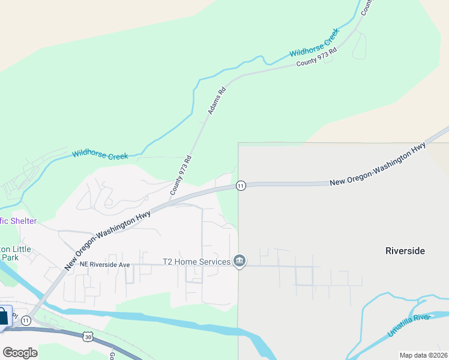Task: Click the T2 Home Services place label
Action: click(x=196, y=262)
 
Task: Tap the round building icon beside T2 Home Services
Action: click(x=240, y=261)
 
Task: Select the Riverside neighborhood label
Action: click(x=405, y=251)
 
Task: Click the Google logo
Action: click(x=20, y=353)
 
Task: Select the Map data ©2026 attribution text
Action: click(x=423, y=355)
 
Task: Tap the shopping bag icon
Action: click(x=3, y=316)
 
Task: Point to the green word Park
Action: click(x=10, y=257)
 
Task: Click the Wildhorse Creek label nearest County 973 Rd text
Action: click(x=315, y=46)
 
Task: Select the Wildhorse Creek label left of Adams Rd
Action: click(x=100, y=154)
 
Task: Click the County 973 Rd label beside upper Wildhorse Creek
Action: click(x=316, y=58)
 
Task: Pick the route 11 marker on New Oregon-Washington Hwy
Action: click(x=240, y=185)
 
